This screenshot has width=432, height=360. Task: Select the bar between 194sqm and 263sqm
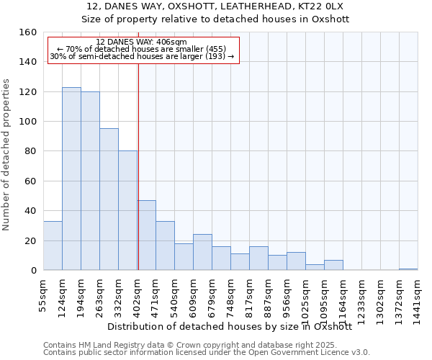90,181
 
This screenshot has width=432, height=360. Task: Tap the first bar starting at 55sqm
53,246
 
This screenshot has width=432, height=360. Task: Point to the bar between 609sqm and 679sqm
202,252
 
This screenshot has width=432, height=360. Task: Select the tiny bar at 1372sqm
408,269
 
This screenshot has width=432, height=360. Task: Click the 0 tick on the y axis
33,270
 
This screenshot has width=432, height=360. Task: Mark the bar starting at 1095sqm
333,265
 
